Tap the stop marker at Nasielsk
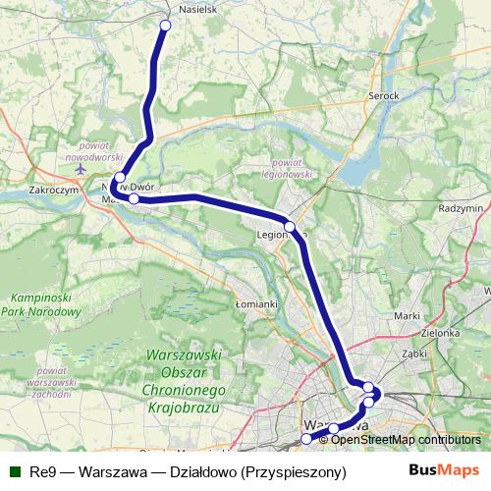[164, 25]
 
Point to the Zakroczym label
[54, 192]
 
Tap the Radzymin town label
[461, 208]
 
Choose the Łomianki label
[257, 304]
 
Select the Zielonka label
[442, 333]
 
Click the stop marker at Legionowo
[290, 227]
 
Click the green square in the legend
[13, 471]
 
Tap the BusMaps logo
[445, 470]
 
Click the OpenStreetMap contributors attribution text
[407, 440]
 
